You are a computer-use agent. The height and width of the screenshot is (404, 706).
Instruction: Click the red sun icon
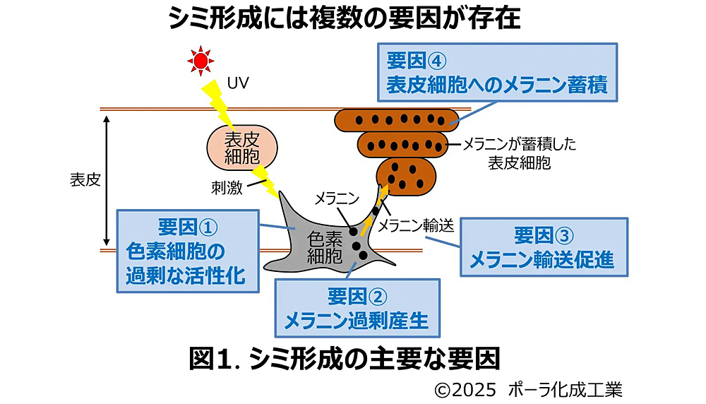pyautogui.click(x=201, y=61)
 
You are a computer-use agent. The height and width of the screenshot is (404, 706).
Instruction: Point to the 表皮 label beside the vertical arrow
pyautogui.click(x=85, y=179)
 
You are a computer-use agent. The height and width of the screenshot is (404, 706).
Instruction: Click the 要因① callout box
pyautogui.click(x=186, y=250)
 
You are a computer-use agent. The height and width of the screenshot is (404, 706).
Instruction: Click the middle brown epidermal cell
pyautogui.click(x=402, y=145)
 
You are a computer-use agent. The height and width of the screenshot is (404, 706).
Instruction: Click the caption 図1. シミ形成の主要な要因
pyautogui.click(x=345, y=359)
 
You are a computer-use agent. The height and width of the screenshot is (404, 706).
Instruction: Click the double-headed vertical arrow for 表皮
pyautogui.click(x=105, y=179)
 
